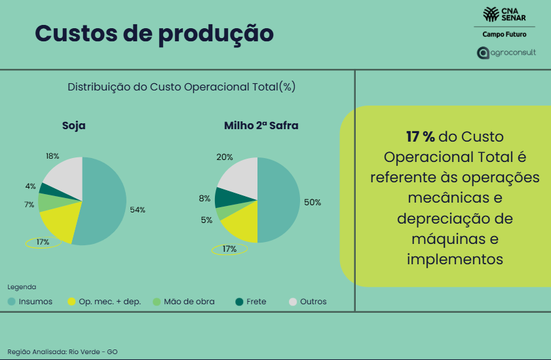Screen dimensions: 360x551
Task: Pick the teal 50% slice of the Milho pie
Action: pos(280,200)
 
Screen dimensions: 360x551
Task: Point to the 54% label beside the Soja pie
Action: pos(138,210)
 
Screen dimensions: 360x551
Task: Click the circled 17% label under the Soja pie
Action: pos(43,243)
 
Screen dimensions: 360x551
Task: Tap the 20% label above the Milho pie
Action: pos(225,157)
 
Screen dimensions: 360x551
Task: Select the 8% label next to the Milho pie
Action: pos(204,198)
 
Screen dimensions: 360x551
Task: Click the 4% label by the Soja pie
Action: pos(30,186)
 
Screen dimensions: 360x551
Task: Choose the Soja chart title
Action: pos(73,125)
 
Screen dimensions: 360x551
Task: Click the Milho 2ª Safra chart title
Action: pos(261,125)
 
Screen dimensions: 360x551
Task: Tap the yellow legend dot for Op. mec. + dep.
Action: pos(71,302)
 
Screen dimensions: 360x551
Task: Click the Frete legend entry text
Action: pos(256,302)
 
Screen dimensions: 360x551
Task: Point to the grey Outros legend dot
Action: pos(293,302)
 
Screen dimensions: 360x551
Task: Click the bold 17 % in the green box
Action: pos(420,137)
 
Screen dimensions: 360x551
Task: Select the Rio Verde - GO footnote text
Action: pos(62,351)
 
